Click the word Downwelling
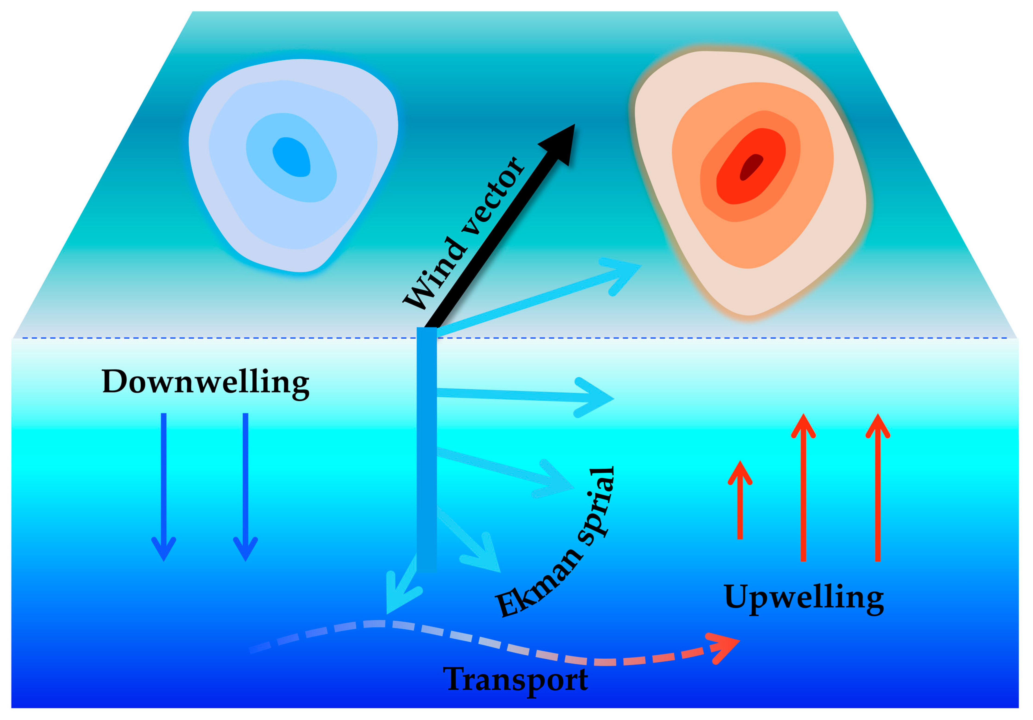(206, 382)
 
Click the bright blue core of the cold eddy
(292, 157)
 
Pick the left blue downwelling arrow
(164, 486)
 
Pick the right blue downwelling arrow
(246, 486)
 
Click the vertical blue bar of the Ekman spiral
(427, 450)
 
